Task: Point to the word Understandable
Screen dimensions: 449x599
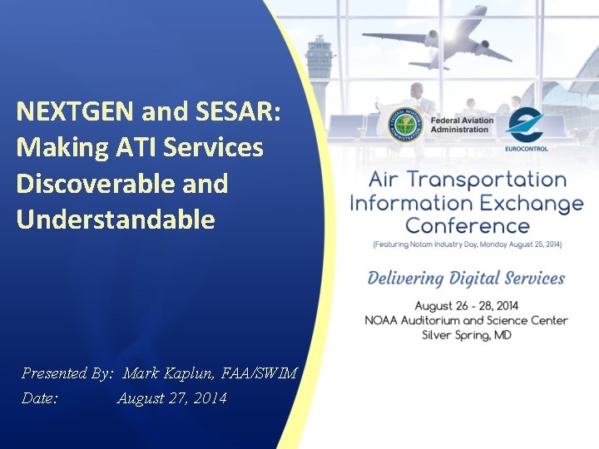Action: pos(116,220)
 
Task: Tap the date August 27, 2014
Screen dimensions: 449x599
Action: pos(171,399)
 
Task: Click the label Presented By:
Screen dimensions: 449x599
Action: pos(67,374)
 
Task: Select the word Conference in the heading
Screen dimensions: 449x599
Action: pos(467,225)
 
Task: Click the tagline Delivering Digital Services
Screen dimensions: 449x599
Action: pos(466,279)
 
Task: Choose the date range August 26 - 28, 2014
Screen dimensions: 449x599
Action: pos(466,306)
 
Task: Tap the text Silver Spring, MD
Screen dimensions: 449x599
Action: pos(466,335)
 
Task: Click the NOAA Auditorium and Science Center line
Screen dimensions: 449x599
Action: pos(466,320)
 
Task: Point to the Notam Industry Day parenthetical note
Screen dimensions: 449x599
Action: pos(467,244)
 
